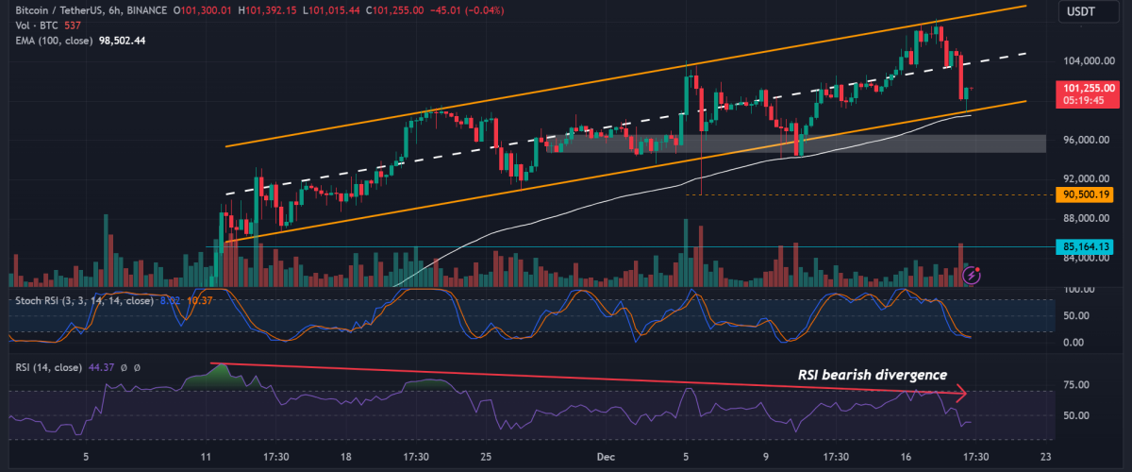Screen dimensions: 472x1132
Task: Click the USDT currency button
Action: (x=1082, y=11)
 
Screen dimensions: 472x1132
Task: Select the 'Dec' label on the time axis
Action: (x=607, y=456)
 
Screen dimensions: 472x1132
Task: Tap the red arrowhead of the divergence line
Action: (x=962, y=391)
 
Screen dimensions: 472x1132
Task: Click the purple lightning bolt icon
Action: (x=973, y=275)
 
